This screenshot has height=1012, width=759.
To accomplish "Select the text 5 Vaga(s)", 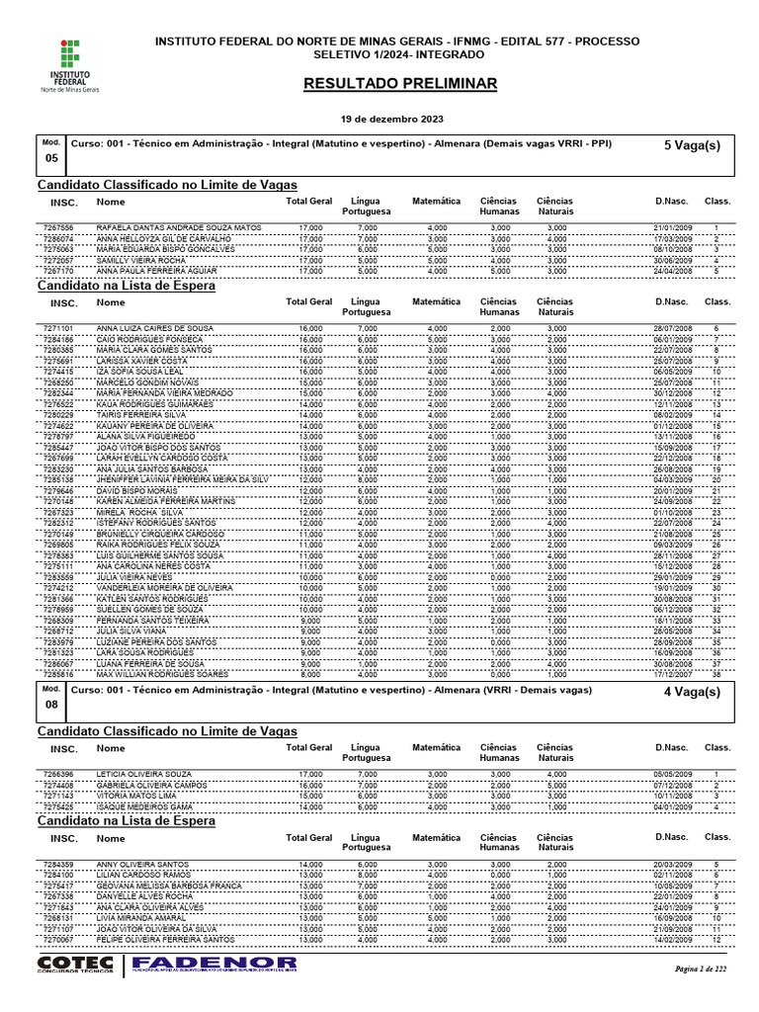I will (x=692, y=145).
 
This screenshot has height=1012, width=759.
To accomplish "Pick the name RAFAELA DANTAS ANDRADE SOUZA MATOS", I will (x=178, y=228).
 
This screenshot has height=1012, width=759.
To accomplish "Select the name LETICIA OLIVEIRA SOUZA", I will (x=143, y=774).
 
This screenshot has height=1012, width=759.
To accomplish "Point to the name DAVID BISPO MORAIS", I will (x=136, y=489).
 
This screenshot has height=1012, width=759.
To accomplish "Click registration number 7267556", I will (x=58, y=228).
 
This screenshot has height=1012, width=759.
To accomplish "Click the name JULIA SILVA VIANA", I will (x=132, y=631).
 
